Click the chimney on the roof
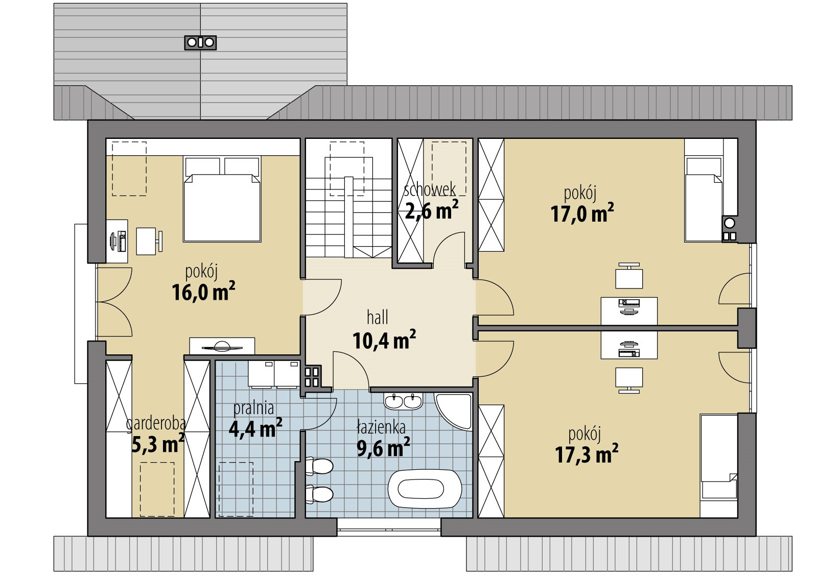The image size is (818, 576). coord(200,42)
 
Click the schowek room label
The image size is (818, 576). coord(430,190)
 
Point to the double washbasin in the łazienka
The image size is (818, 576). coord(403,401)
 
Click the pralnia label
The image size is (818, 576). coord(253,409)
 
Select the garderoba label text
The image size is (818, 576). coord(156,424)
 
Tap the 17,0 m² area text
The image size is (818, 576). coord(582,213)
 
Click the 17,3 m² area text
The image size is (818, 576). coord(587,454)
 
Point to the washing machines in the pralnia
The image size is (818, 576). coord(274,374)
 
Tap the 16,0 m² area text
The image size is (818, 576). coord(203,293)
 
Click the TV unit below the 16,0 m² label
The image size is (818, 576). coord(222,346)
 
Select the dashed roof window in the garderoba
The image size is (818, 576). coord(157,489)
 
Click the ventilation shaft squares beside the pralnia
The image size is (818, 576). coord(312,377)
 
